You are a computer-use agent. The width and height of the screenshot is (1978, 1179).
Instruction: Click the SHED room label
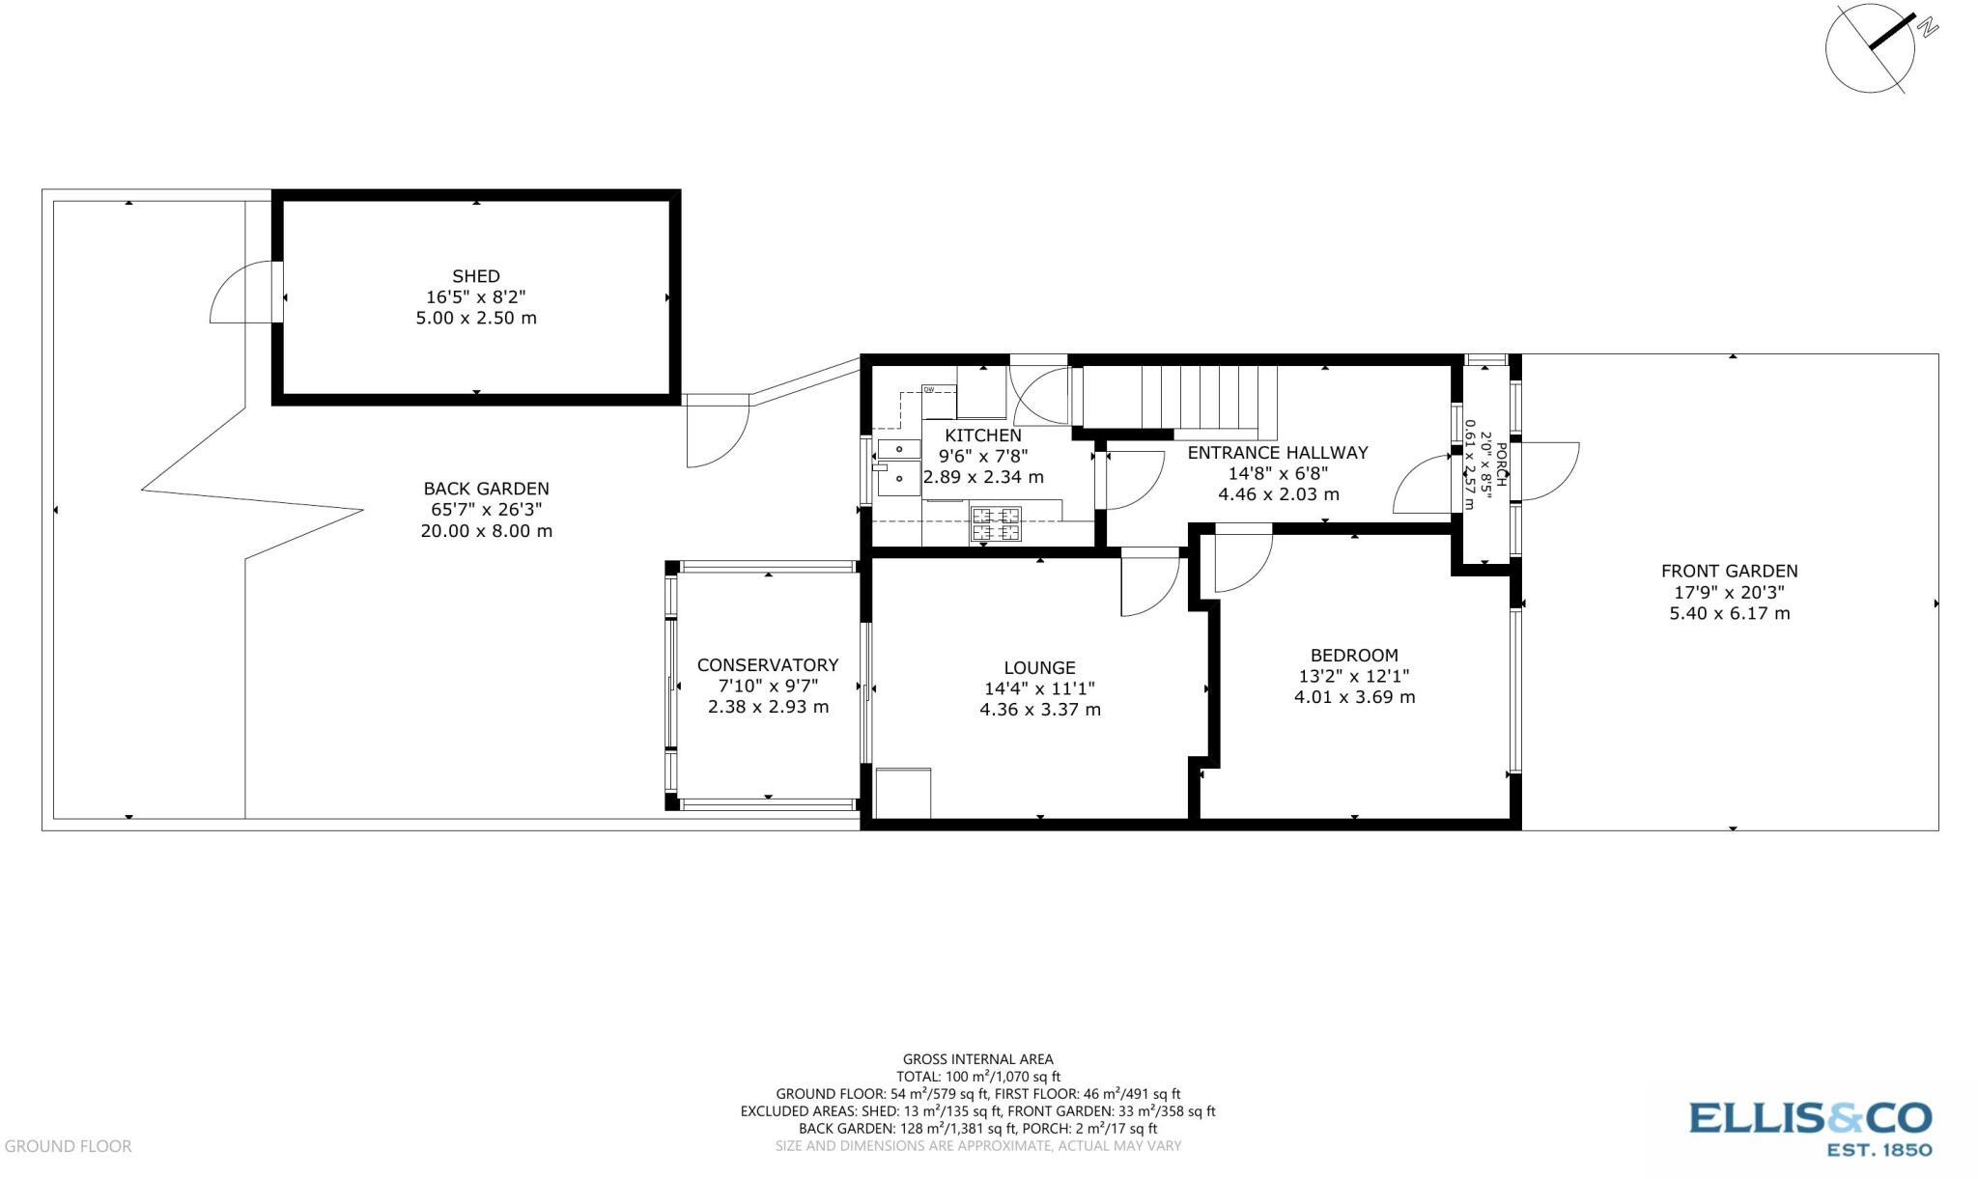[x=475, y=276]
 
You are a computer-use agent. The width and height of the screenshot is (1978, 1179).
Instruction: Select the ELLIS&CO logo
[x=1810, y=1127]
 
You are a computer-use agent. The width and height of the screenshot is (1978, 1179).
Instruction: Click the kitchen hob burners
[x=996, y=523]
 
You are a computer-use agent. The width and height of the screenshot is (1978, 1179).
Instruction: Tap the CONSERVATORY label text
[x=767, y=665]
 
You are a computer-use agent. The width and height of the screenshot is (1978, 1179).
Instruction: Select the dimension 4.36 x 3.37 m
[x=1039, y=710]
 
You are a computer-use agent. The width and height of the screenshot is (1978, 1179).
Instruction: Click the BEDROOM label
[x=1354, y=655]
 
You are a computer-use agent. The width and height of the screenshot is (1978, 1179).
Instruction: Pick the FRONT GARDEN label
[x=1729, y=571]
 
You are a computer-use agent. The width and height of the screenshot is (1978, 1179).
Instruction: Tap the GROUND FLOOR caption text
[x=68, y=1146]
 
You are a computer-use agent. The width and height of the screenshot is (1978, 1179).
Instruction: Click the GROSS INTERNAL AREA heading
[x=977, y=1059]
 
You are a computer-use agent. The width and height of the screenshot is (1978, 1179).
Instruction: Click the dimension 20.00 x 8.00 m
[x=486, y=531]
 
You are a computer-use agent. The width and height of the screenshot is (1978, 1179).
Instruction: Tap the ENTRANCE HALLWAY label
[x=1277, y=452]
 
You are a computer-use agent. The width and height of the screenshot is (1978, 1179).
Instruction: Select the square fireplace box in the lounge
[x=903, y=793]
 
